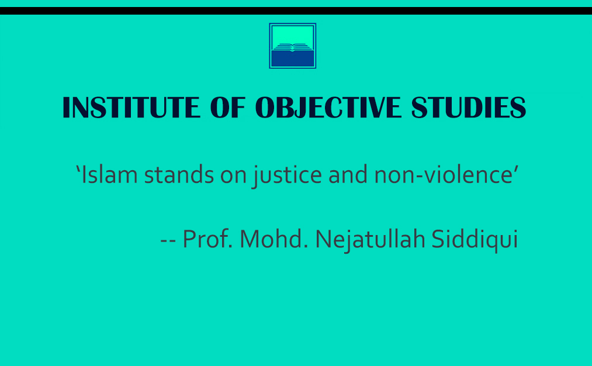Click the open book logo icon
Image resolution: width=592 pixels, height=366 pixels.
pos(293,46)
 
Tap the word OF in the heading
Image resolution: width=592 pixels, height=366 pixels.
pos(228,108)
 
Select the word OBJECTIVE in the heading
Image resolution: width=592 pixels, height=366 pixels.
pos(328,108)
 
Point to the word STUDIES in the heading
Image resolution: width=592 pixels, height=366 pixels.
pos(469,108)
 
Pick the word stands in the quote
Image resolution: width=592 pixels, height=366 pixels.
pos(179,174)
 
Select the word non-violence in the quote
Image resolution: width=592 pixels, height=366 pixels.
pos(443,174)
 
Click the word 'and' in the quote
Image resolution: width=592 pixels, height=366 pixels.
pos(348,174)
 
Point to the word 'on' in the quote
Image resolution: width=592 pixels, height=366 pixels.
pos(233,177)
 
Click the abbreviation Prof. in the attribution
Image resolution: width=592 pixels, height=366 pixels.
pos(207,239)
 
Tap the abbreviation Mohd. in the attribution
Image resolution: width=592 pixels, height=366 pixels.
pos(274,239)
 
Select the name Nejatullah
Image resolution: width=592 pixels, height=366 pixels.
pos(370,240)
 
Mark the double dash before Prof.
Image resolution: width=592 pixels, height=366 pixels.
pos(168,241)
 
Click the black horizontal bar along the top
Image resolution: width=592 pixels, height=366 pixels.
pos(296,11)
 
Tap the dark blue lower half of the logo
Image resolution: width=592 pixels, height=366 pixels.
pos(293,58)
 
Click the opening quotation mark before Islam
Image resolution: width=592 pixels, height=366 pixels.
pos(78,168)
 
